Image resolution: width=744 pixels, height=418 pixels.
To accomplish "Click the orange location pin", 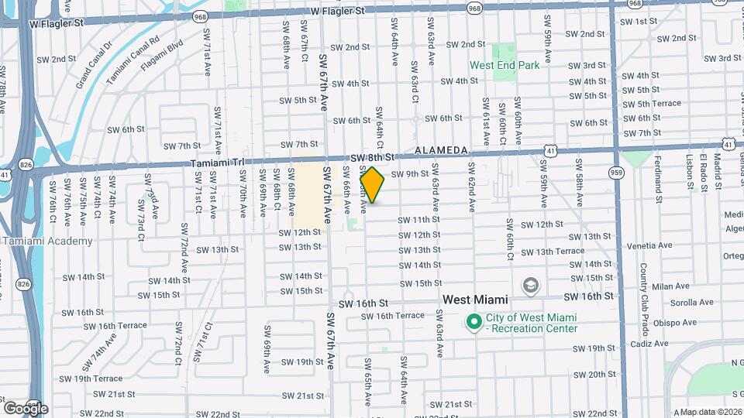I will pos(373,185).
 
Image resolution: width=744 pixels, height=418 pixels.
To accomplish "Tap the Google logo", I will pos(25,408).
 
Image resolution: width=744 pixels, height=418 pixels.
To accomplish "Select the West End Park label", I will pos(505,66).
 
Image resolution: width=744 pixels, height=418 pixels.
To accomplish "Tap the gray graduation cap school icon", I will pos(530,286).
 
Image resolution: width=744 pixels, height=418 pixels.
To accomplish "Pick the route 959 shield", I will pos(617,172).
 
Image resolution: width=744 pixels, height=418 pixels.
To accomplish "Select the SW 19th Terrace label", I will pos(98,379).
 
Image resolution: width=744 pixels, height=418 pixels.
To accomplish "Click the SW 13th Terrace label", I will pos(553,252).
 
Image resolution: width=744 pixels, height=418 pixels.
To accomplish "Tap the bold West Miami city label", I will pos(475,299).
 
